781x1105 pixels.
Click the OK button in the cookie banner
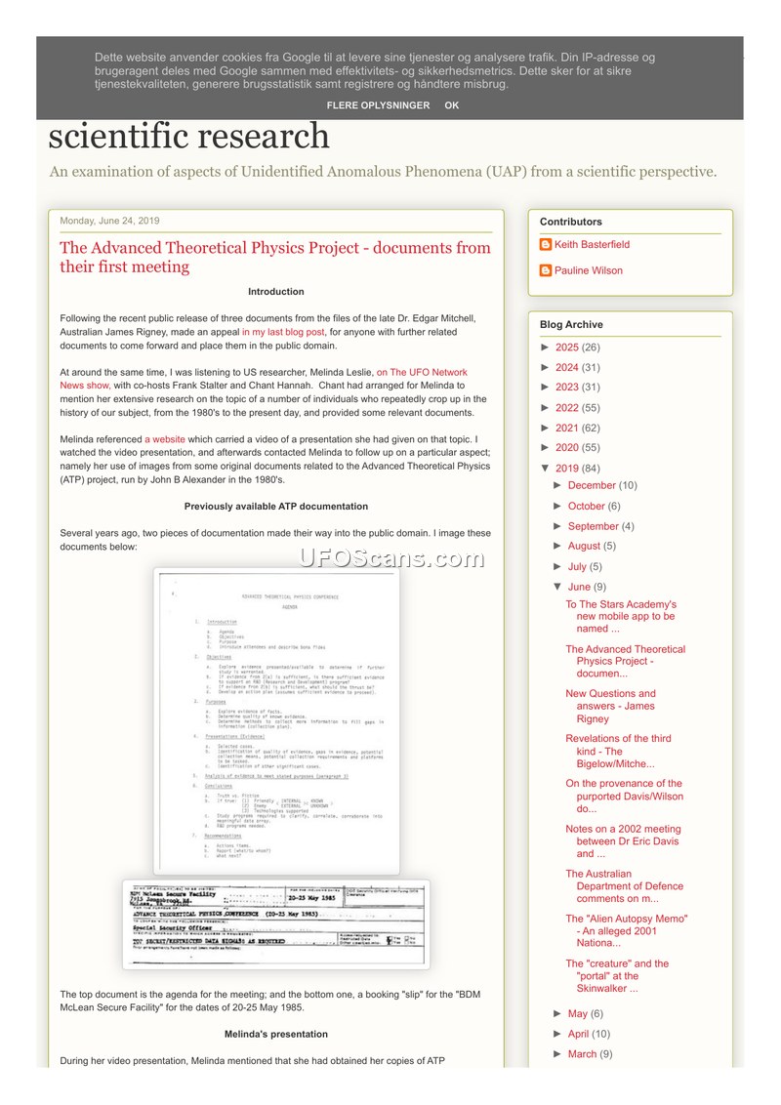(451, 105)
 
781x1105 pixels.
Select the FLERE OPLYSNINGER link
(378, 105)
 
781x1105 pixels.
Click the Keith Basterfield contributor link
(592, 245)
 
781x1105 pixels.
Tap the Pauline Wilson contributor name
(588, 271)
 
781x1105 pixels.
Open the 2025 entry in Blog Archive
(567, 348)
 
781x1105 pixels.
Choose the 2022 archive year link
(567, 408)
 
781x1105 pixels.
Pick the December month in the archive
(592, 485)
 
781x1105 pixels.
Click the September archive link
(594, 526)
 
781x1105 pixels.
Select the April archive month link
(579, 1034)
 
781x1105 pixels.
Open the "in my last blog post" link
(283, 332)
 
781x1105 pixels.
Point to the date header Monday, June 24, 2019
(109, 221)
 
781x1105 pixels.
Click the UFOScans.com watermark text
(390, 558)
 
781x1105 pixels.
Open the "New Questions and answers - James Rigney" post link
(610, 707)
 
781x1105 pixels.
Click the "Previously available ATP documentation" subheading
(276, 507)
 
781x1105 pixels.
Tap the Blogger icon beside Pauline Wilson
(546, 271)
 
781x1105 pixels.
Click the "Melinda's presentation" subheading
(276, 1034)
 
